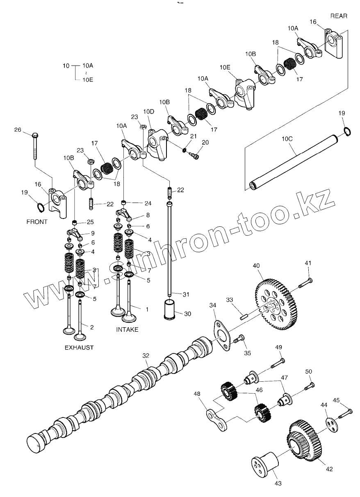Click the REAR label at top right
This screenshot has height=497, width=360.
338,16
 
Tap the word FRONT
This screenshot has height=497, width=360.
37,222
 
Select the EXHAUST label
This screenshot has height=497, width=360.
79,347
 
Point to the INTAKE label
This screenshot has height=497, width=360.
127,329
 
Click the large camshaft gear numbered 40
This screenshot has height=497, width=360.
276,304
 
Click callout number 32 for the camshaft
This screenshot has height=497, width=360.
146,356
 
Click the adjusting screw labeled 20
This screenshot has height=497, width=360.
194,155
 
